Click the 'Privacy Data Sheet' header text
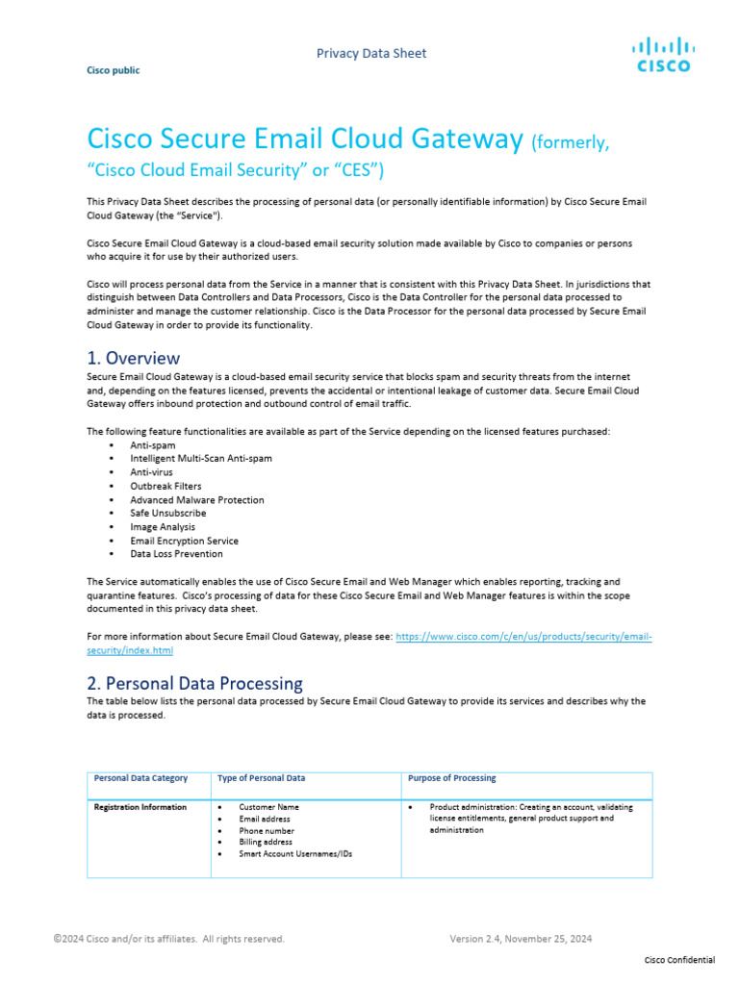(371, 53)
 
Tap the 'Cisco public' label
(113, 70)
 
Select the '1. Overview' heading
(133, 358)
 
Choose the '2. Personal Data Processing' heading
(194, 683)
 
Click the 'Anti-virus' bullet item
(152, 472)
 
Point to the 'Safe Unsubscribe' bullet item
(167, 513)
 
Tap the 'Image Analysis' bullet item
(163, 526)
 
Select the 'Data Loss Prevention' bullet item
(176, 553)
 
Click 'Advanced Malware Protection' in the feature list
(196, 499)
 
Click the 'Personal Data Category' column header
(140, 778)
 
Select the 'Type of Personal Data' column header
(262, 778)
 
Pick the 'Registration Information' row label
(140, 807)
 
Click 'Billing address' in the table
(267, 842)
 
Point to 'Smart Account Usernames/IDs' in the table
(294, 853)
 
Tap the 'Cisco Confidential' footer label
(678, 961)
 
